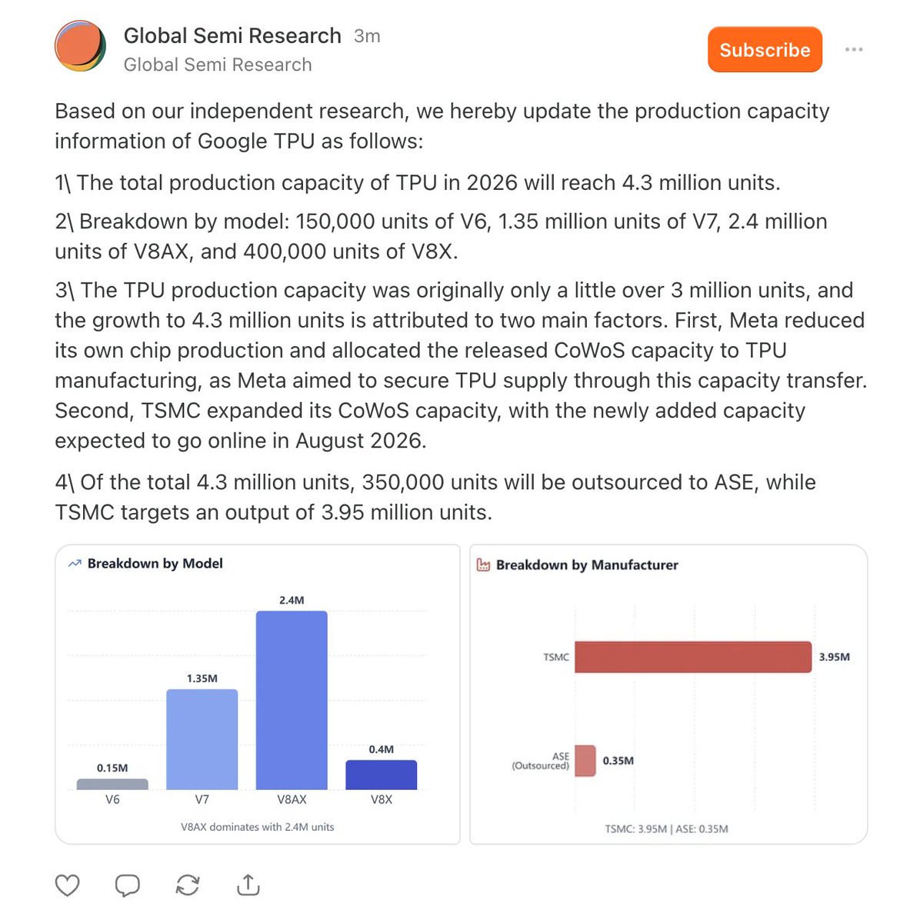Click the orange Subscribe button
click(x=765, y=50)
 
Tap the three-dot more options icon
click(x=854, y=50)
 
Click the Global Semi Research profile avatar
click(x=80, y=46)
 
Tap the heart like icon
click(x=68, y=885)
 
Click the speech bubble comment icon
click(x=128, y=885)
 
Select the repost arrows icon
click(x=188, y=885)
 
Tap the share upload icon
click(x=248, y=885)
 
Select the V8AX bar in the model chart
click(x=292, y=700)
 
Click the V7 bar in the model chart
click(x=202, y=739)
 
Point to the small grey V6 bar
click(x=112, y=785)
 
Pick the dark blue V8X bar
click(x=381, y=775)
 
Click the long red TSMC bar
click(x=692, y=657)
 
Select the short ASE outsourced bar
click(x=585, y=761)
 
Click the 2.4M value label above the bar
click(x=292, y=600)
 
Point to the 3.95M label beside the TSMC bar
click(x=834, y=657)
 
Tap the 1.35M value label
click(x=202, y=678)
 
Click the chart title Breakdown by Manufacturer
click(x=587, y=565)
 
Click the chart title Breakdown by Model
click(x=155, y=564)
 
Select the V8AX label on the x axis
click(x=292, y=800)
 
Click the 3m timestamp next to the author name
click(x=367, y=36)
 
